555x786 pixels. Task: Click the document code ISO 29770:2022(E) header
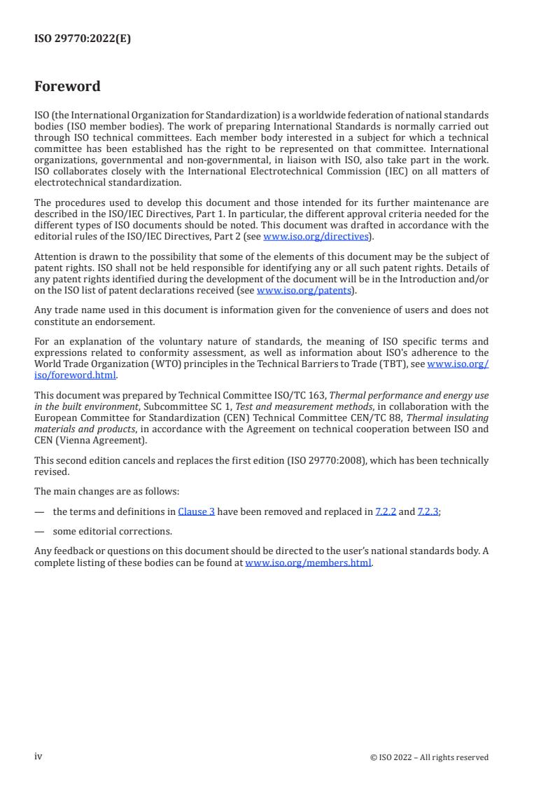point(82,39)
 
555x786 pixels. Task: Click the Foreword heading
point(67,87)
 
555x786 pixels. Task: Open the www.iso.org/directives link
point(316,237)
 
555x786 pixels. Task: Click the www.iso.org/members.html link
point(308,563)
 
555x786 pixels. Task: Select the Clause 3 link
point(196,512)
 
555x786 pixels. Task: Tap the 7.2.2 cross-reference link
point(386,512)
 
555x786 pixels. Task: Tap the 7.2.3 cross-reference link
point(428,512)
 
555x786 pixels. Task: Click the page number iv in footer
point(38,757)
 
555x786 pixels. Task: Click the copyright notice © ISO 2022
point(429,757)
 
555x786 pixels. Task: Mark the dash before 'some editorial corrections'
point(39,531)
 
